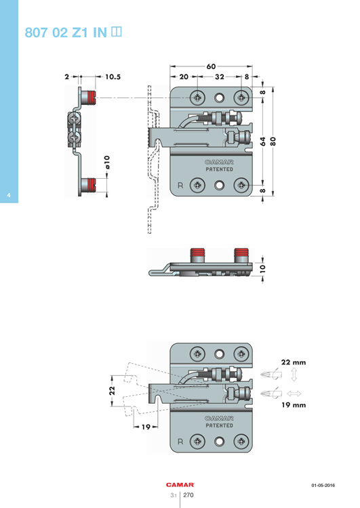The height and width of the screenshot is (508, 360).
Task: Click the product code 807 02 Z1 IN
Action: pyautogui.click(x=65, y=32)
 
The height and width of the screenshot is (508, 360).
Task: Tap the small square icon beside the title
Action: pyautogui.click(x=115, y=31)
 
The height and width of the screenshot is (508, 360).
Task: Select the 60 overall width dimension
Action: pyautogui.click(x=211, y=67)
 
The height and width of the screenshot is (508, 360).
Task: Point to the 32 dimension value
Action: pyautogui.click(x=219, y=77)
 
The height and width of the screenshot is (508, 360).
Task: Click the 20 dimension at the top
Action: pyautogui.click(x=184, y=77)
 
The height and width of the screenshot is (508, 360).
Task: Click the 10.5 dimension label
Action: pyautogui.click(x=113, y=77)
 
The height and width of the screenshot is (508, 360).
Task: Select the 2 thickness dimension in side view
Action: pyautogui.click(x=67, y=77)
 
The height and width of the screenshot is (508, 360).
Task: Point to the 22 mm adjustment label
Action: pyautogui.click(x=292, y=362)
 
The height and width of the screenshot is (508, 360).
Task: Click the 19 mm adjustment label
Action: pyautogui.click(x=292, y=404)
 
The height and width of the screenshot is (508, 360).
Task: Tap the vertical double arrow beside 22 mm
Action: pyautogui.click(x=293, y=375)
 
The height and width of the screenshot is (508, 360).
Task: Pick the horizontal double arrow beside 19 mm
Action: pyautogui.click(x=293, y=393)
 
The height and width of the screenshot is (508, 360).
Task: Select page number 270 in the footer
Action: pyautogui.click(x=189, y=496)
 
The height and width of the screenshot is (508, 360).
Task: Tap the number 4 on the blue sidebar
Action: pyautogui.click(x=8, y=196)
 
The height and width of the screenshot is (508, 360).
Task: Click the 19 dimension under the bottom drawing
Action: pyautogui.click(x=146, y=427)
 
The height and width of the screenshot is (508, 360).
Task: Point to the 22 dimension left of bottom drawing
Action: pyautogui.click(x=113, y=389)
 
